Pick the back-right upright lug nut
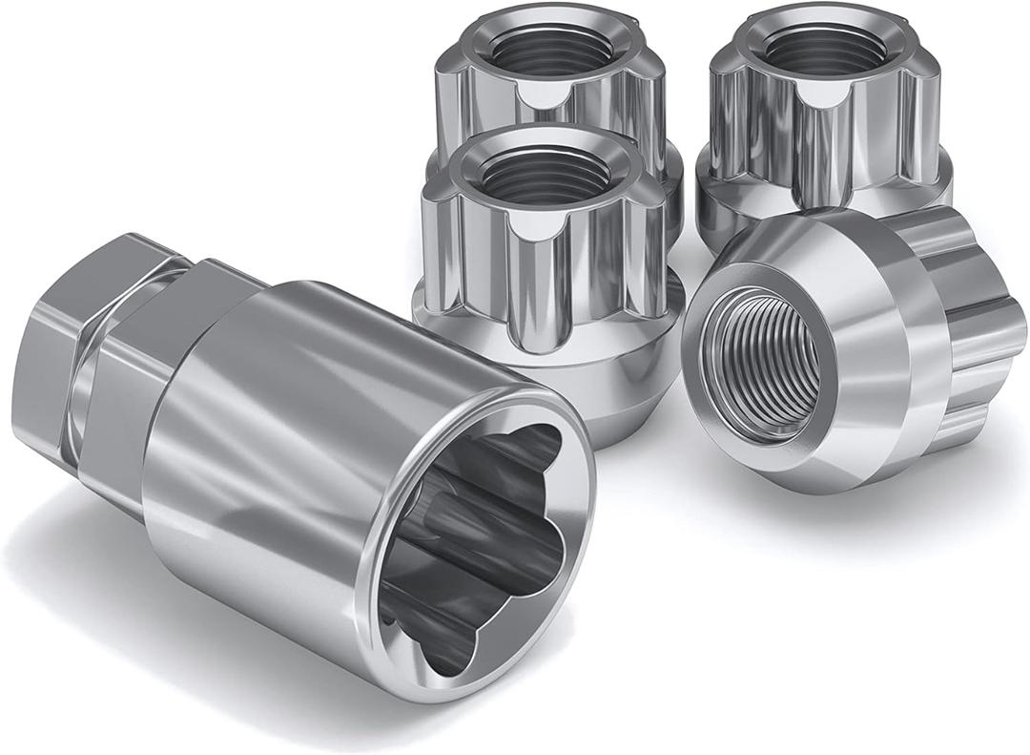click(x=820, y=115)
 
